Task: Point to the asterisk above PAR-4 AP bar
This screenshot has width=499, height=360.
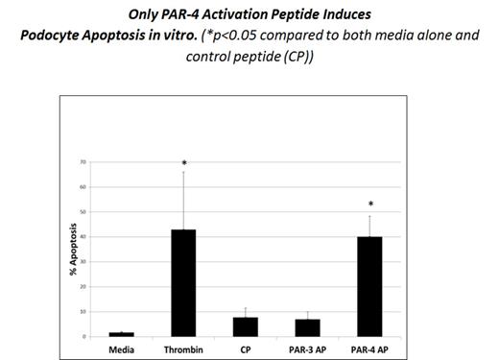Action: pyautogui.click(x=370, y=205)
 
